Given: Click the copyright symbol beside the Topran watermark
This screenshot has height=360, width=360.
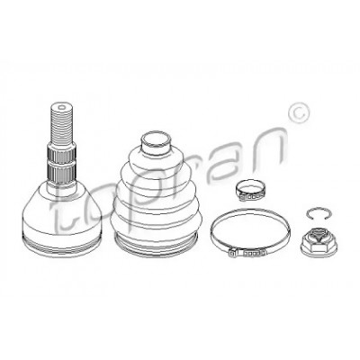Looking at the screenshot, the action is (298, 112).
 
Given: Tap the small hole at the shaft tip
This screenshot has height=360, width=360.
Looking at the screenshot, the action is (62, 107).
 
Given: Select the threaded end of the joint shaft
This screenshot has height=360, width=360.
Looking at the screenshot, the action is (62, 123).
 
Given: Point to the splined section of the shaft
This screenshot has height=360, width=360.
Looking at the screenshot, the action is (62, 164).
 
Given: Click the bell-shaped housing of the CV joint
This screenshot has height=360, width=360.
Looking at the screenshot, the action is (62, 219).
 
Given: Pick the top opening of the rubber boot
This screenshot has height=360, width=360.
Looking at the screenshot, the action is (156, 140).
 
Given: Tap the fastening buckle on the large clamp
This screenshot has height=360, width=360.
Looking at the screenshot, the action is (247, 253).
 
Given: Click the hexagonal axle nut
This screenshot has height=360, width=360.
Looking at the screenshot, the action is (319, 242).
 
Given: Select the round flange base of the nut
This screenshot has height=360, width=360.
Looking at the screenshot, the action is (319, 249).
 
